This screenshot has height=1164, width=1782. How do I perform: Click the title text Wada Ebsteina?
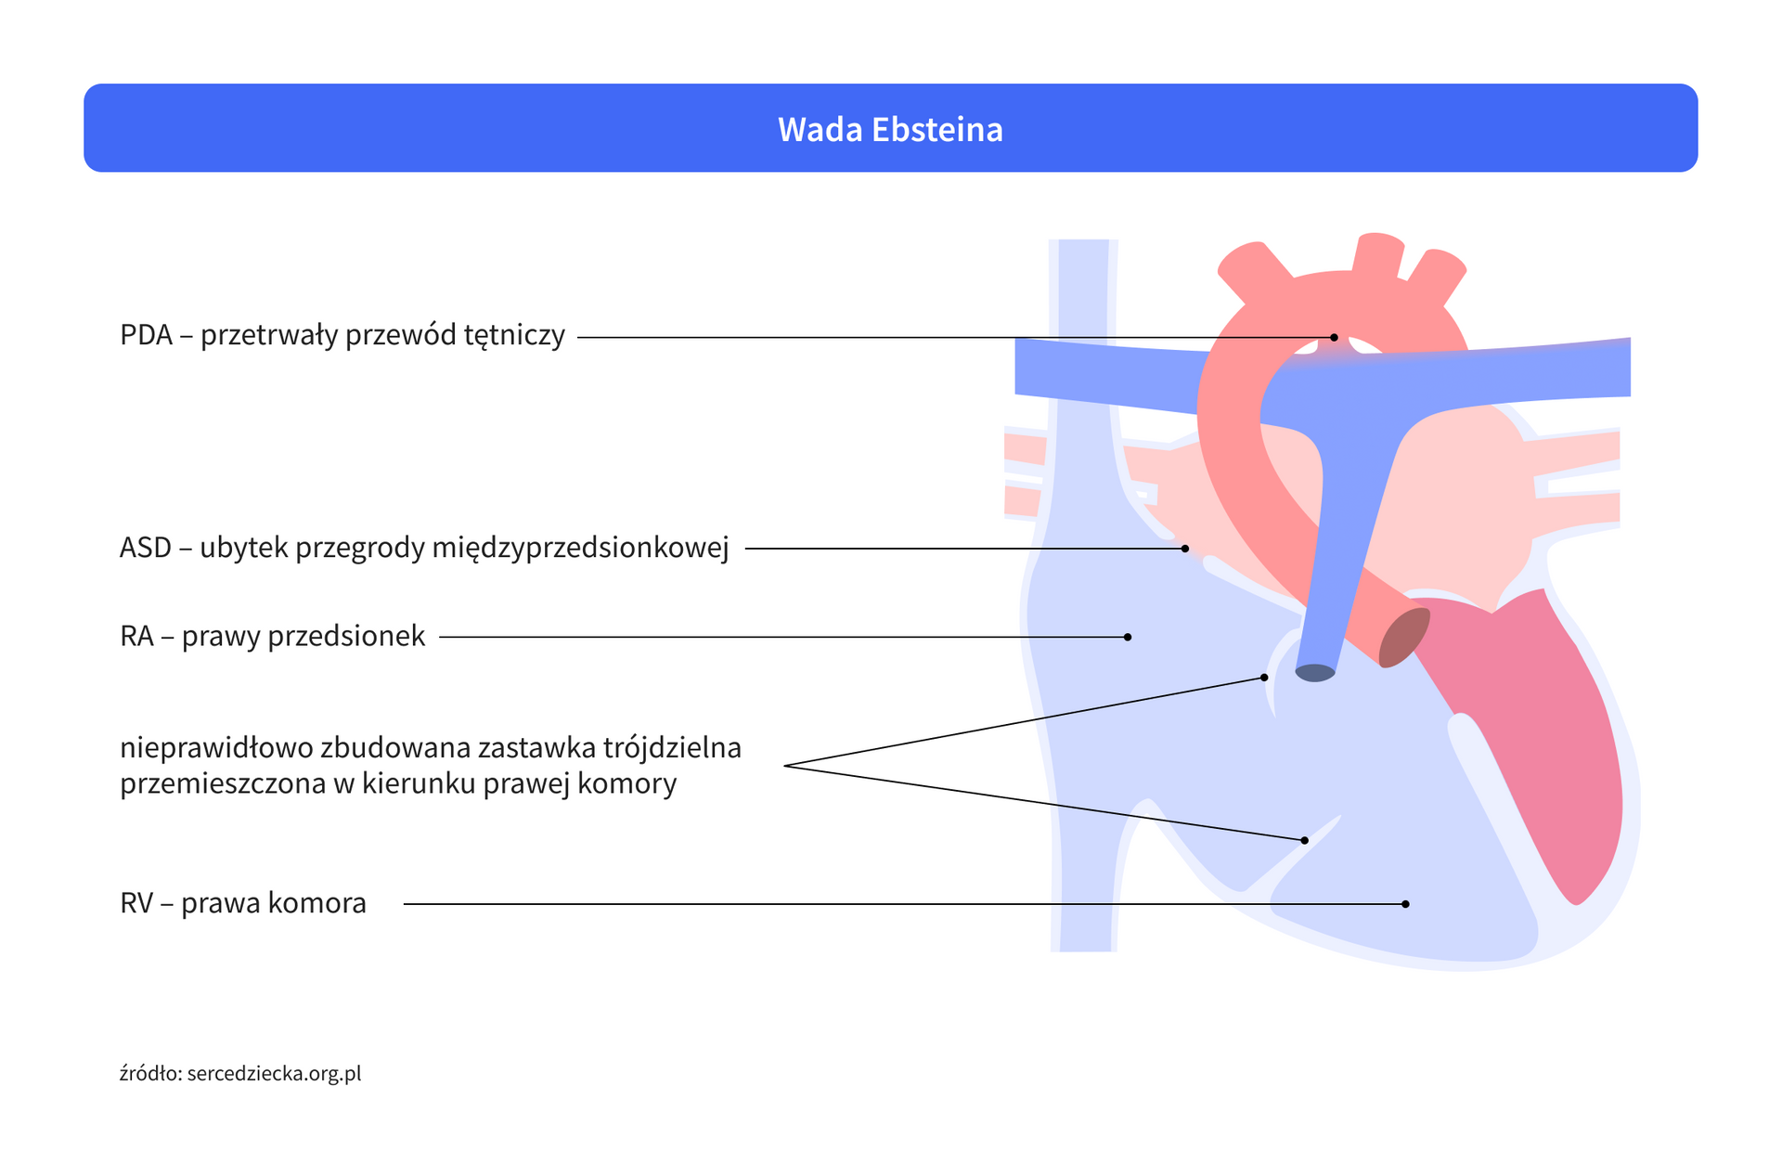(890, 129)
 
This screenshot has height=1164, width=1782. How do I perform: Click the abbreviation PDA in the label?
(147, 335)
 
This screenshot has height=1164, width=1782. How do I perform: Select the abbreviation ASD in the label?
(146, 549)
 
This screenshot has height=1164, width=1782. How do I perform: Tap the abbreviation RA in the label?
(136, 637)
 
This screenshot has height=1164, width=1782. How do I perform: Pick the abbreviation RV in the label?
(136, 903)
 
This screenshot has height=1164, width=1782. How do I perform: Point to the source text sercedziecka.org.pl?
(274, 1074)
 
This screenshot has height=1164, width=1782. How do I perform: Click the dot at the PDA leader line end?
(1334, 337)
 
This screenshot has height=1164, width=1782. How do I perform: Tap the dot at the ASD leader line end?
(1185, 549)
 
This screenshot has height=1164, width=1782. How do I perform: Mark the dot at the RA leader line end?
(1128, 637)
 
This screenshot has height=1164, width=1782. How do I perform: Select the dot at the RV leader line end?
(1406, 904)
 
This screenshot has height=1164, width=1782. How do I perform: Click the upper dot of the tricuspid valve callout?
(1264, 678)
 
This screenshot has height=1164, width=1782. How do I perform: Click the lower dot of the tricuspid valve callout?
(1304, 840)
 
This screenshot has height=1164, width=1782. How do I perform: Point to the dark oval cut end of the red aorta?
(1403, 638)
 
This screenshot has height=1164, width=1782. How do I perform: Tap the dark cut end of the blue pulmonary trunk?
(1315, 673)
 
